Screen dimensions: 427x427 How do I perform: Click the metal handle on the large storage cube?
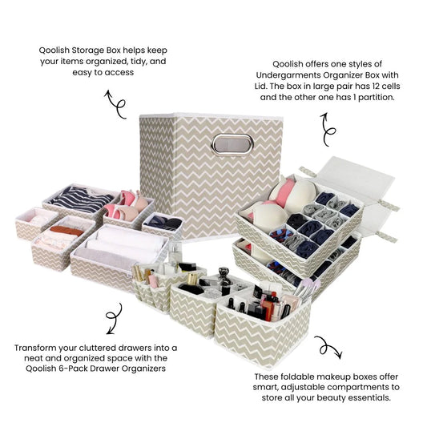[232, 144]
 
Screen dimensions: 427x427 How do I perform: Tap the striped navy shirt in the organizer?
[81, 199]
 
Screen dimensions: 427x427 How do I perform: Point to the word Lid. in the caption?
[260, 87]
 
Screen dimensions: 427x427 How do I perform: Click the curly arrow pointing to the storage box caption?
[115, 105]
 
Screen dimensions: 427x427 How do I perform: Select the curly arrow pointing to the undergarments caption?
[328, 131]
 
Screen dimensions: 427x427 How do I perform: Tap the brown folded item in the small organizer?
[66, 232]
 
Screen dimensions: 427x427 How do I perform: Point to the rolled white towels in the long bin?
[122, 246]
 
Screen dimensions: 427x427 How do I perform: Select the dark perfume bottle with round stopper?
[224, 280]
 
